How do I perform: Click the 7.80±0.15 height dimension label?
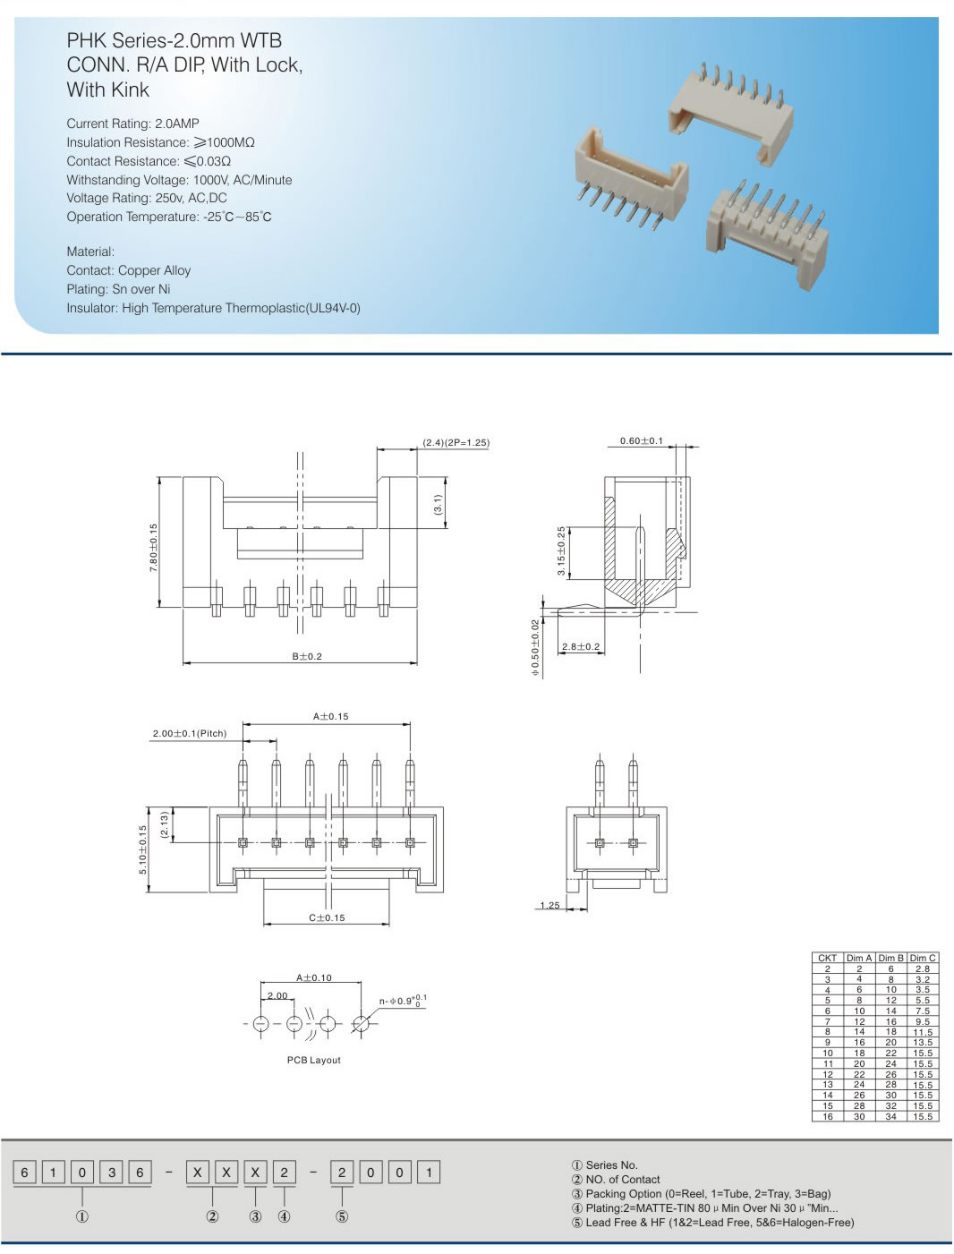coord(154,548)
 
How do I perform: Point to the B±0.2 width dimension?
coord(306,656)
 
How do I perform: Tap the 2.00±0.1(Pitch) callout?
coord(189,733)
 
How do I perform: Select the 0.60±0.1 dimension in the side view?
coord(642,440)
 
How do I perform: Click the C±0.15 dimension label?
coord(327,917)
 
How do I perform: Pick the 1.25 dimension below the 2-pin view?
coord(549,905)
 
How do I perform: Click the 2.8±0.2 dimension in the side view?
coord(581,646)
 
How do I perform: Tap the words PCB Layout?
coord(313,1060)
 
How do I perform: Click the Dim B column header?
coord(890,958)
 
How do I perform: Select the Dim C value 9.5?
coord(922,1021)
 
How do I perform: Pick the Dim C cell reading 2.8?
coord(922,968)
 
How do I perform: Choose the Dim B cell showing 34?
coord(890,1116)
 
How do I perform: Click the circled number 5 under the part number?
coord(342,1216)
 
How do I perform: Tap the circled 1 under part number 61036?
coord(82,1216)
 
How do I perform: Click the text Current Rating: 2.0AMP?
coord(132,124)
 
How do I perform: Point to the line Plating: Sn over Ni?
coord(118,289)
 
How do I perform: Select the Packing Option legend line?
coord(707,1193)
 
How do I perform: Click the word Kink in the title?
coord(131,90)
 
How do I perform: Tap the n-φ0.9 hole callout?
coord(403,1001)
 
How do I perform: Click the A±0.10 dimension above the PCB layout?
coord(313,977)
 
